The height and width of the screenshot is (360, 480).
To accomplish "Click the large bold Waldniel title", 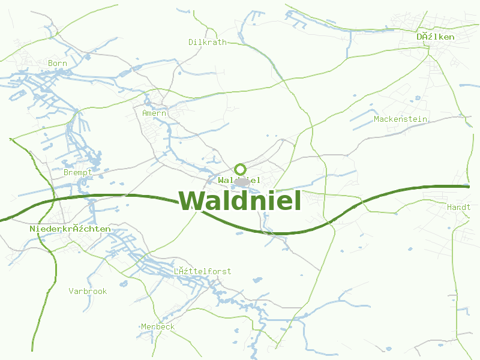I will [240, 200].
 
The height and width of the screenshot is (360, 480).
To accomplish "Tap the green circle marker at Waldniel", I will [240, 169].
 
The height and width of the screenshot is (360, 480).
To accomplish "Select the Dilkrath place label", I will [208, 42].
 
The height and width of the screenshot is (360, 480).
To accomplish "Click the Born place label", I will [58, 63].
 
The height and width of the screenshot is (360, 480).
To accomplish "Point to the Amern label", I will [154, 113].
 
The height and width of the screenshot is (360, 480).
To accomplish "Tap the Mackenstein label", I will [400, 119].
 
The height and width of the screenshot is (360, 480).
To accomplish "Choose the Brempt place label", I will [78, 172].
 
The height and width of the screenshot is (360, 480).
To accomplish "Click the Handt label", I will [458, 206].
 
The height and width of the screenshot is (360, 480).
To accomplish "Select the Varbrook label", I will [88, 291].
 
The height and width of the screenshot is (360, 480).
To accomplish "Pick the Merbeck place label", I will [158, 326].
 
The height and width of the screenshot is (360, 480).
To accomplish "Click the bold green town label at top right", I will [436, 37].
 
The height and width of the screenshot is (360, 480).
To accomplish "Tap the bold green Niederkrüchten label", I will [70, 229].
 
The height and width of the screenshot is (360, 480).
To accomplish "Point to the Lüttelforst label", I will [202, 271].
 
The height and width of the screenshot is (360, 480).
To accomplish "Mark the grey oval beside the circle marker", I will [241, 181].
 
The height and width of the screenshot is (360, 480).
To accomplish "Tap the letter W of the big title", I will [193, 200].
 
